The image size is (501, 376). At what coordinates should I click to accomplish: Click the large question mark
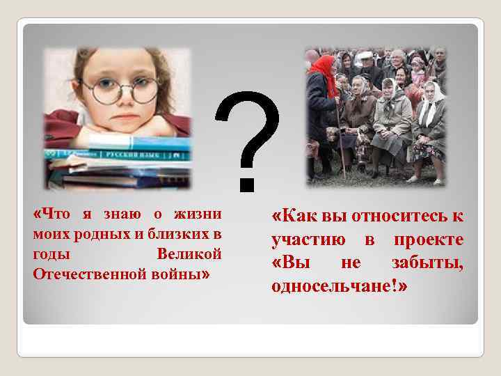[x=249, y=143]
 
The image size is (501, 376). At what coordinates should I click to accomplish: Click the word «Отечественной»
[x=83, y=273]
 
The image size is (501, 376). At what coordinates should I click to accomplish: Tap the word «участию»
[x=308, y=240]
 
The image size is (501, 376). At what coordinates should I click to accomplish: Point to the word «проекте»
[x=429, y=240]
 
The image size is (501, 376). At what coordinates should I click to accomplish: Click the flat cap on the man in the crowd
[x=397, y=53]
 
